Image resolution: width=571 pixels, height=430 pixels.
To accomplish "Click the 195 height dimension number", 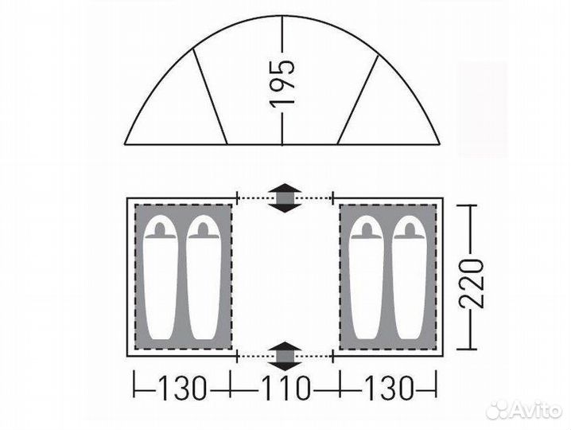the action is [282, 83].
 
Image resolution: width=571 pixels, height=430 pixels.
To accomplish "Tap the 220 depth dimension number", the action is [472, 283].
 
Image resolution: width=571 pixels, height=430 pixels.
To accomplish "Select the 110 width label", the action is [285, 389].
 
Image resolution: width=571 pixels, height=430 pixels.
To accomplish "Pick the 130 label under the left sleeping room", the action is [182, 389].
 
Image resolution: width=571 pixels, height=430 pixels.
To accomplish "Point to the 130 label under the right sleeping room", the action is [389, 389].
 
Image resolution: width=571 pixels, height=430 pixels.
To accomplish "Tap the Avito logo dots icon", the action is [499, 410].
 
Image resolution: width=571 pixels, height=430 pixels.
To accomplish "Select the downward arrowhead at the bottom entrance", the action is [285, 365].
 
